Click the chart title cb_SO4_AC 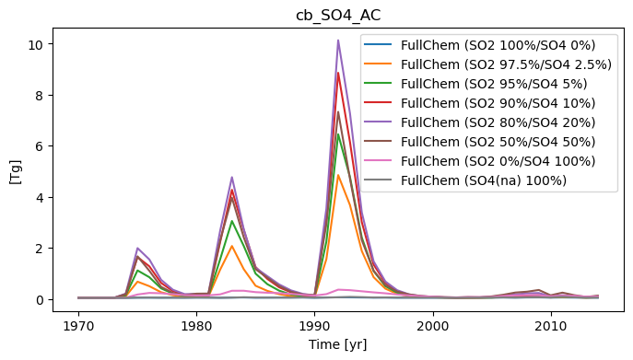pyautogui.click(x=338, y=16)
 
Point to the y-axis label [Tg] pyautogui.click(x=16, y=172)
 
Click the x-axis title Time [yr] pyautogui.click(x=338, y=344)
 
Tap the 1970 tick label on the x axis pyautogui.click(x=78, y=326)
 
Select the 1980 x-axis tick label pyautogui.click(x=196, y=326)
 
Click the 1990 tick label pyautogui.click(x=315, y=326)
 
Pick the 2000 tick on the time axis pyautogui.click(x=433, y=326)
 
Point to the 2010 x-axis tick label pyautogui.click(x=551, y=326)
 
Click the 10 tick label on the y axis pyautogui.click(x=36, y=44)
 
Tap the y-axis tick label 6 pyautogui.click(x=40, y=146)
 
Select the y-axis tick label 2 pyautogui.click(x=40, y=249)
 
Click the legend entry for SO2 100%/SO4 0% pyautogui.click(x=480, y=45)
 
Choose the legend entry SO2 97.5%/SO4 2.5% pyautogui.click(x=487, y=64)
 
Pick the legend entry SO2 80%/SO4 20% pyautogui.click(x=480, y=122)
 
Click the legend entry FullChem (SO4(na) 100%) pyautogui.click(x=465, y=180)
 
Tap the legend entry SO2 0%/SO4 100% pyautogui.click(x=480, y=161)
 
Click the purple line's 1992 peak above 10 pyautogui.click(x=338, y=41)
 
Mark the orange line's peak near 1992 pyautogui.click(x=338, y=175)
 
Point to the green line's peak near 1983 pyautogui.click(x=231, y=221)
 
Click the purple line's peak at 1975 pyautogui.click(x=137, y=249)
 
